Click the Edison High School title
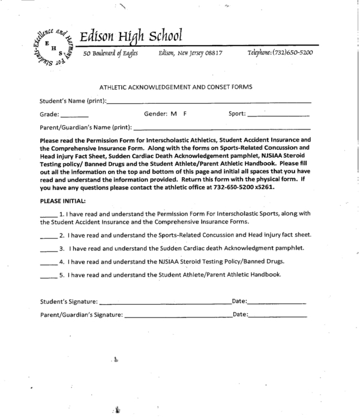pyautogui.click(x=131, y=37)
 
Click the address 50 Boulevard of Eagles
pyautogui.click(x=110, y=53)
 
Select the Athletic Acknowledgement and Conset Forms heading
pyautogui.click(x=175, y=87)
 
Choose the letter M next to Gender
pyautogui.click(x=173, y=113)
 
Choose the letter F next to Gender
pyautogui.click(x=185, y=113)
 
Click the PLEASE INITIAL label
pyautogui.click(x=62, y=200)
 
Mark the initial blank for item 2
pyautogui.click(x=49, y=235)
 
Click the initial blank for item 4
pyautogui.click(x=49, y=263)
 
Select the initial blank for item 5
pyautogui.click(x=49, y=277)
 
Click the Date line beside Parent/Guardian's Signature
pyautogui.click(x=277, y=316)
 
